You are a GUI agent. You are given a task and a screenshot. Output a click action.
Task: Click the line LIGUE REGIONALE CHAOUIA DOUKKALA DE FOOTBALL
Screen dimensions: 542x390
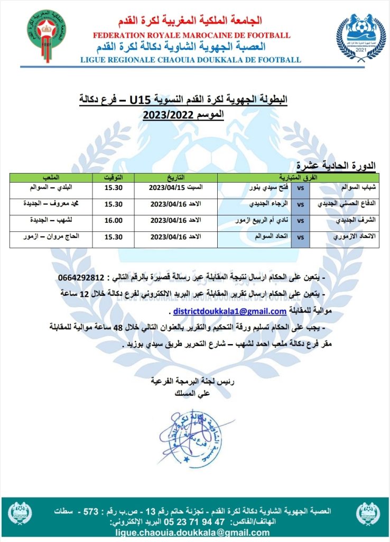(x=190, y=60)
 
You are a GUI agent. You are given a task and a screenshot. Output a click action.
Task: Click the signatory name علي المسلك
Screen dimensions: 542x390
(x=189, y=394)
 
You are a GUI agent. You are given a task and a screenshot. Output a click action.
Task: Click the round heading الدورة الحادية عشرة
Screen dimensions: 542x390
(x=336, y=166)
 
